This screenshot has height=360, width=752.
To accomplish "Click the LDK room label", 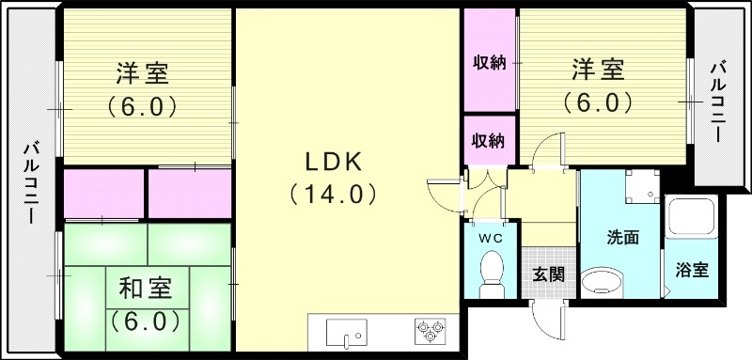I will [332, 161].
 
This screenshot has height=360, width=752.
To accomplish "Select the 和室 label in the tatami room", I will [144, 286].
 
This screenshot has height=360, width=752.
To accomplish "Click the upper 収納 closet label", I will [489, 63].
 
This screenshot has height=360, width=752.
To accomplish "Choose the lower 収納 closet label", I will [489, 141].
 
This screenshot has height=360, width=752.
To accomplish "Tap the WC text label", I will [490, 238].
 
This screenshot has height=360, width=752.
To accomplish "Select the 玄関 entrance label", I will [548, 274].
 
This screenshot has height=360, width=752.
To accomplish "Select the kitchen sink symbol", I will [348, 334].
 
